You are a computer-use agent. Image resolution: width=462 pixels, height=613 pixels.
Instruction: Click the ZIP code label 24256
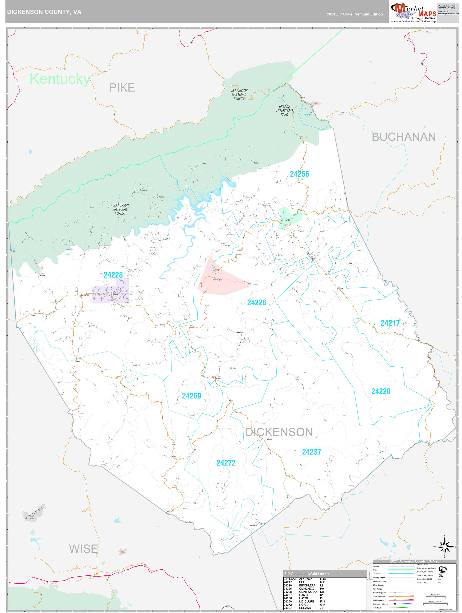point(299,174)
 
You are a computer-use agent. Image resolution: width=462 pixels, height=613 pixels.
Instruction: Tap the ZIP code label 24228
point(113,275)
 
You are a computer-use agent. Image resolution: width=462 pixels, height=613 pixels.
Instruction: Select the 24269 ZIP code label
point(191,396)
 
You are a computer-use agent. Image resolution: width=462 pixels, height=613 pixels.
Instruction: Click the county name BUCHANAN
point(403,137)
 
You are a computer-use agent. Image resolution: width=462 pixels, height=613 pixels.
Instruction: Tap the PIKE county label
point(122,88)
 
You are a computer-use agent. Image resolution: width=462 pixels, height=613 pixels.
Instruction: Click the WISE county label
point(83,549)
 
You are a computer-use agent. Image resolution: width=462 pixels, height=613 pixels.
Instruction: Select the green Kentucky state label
point(60,79)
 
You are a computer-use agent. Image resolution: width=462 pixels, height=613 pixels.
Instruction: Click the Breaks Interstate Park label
point(284,110)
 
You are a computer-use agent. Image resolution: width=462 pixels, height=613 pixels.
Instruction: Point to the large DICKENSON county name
point(279,432)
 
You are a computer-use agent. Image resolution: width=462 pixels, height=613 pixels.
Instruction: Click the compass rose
point(444,547)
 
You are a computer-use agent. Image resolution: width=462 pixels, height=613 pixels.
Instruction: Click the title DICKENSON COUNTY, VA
point(44,12)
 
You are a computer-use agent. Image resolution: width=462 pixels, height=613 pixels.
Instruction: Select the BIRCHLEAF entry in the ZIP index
point(307,585)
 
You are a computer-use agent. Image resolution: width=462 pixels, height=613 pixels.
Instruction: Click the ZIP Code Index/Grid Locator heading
point(307,574)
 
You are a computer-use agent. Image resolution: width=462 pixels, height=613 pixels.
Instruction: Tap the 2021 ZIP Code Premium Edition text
point(355,14)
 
